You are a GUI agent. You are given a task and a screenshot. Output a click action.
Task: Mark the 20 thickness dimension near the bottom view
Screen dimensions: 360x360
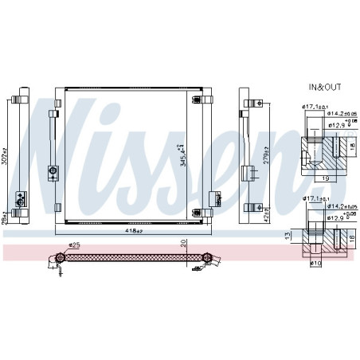184,243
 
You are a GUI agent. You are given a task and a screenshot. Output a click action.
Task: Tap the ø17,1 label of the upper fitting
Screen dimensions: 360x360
311,108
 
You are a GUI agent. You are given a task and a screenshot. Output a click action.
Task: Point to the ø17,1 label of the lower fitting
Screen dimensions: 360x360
311,199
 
